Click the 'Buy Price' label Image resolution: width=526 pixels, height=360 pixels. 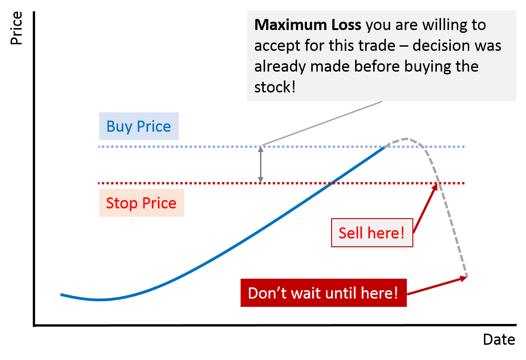tap(139, 127)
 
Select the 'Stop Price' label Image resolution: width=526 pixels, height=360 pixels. tap(141, 203)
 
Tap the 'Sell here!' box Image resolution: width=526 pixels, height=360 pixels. tap(372, 232)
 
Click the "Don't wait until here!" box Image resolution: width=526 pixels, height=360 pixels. tap(323, 293)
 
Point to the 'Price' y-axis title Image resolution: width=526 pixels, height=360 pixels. tap(16, 29)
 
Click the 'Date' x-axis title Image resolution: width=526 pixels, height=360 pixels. tap(499, 340)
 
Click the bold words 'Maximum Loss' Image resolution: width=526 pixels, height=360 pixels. tap(308, 24)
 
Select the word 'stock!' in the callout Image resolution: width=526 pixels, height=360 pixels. tap(275, 87)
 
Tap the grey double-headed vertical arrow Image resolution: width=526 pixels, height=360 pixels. tap(260, 165)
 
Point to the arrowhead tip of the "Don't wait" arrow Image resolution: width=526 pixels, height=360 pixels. tap(466, 277)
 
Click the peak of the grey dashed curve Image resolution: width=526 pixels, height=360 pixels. tap(405, 138)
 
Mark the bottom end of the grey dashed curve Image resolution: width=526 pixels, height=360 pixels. tap(467, 277)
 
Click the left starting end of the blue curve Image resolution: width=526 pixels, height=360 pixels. tap(61, 294)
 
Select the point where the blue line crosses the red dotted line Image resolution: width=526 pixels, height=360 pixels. tap(332, 183)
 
